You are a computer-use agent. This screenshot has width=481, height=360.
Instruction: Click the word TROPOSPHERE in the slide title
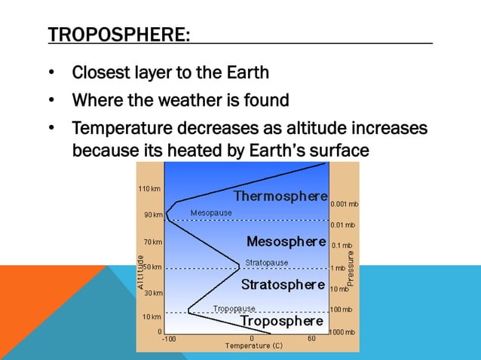(x=117, y=35)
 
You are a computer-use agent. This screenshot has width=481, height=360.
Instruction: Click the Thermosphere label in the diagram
(x=280, y=197)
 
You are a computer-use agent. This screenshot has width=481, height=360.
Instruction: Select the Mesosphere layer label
(x=286, y=242)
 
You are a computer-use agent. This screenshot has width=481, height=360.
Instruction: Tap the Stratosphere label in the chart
(x=283, y=285)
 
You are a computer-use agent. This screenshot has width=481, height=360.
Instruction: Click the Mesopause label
(x=211, y=213)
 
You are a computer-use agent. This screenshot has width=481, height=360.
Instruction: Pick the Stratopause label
(x=266, y=263)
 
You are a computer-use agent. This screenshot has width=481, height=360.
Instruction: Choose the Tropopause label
(x=234, y=308)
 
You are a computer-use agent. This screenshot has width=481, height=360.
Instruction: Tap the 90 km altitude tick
(x=152, y=215)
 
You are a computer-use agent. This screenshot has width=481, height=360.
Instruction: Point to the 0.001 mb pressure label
(x=344, y=204)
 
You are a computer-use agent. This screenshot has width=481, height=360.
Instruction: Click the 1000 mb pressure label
(x=343, y=332)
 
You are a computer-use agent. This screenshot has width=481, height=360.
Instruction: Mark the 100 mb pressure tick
(x=342, y=310)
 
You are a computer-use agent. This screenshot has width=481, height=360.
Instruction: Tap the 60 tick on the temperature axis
(x=311, y=339)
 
